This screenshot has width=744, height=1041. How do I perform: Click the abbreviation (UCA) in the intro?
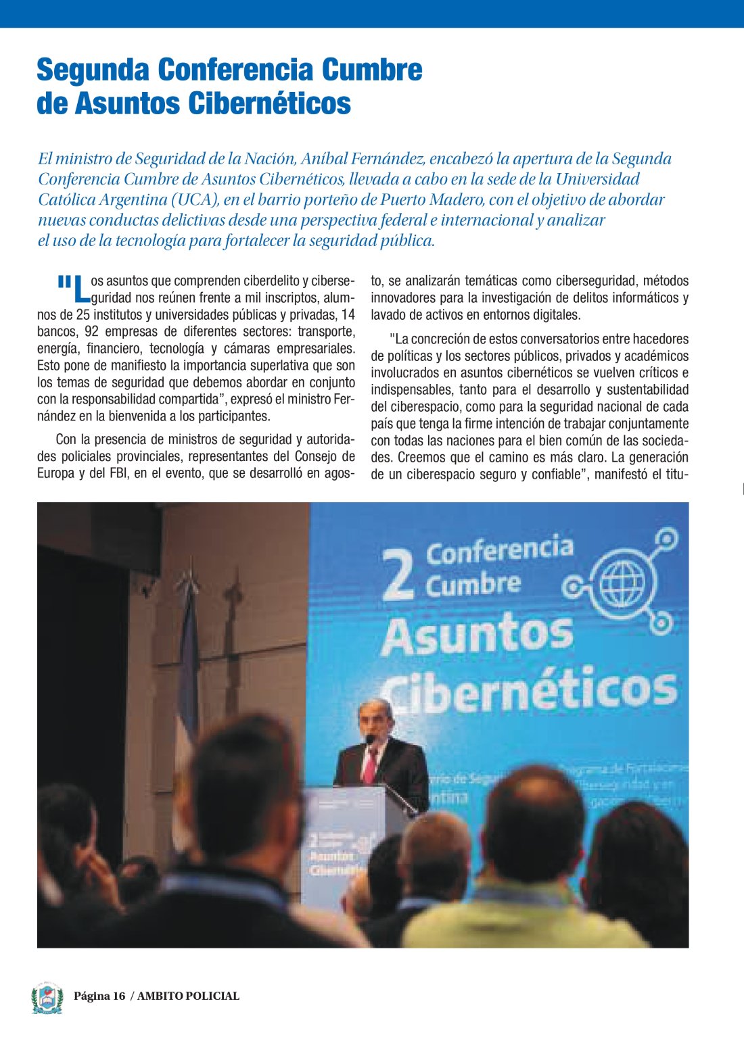(195, 199)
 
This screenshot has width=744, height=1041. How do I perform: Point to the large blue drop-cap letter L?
(80, 289)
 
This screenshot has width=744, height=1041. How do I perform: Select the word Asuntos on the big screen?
(477, 635)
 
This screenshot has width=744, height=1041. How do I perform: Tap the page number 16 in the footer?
(119, 996)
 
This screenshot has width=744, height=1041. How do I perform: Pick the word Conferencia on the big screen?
(499, 551)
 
